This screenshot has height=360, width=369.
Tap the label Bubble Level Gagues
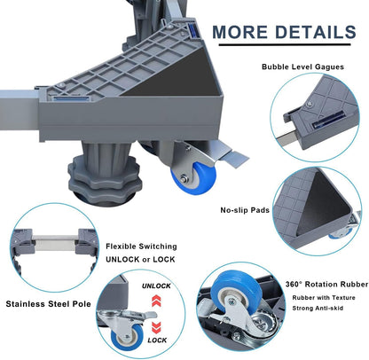coord(302,67)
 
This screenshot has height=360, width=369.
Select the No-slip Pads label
coord(245,210)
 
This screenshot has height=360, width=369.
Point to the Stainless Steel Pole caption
coord(48,304)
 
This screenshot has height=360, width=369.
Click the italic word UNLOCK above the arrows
coord(156,286)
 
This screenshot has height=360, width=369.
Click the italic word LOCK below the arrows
coord(157,340)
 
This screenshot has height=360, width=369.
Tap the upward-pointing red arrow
coord(156,301)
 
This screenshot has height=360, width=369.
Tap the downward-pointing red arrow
coord(156,327)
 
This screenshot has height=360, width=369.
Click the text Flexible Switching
coord(141,247)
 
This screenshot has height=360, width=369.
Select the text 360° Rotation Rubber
coord(326,285)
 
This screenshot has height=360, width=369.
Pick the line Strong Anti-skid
coord(318,309)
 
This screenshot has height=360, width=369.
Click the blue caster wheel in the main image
coord(194,178)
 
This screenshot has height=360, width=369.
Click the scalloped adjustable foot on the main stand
coord(104,180)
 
